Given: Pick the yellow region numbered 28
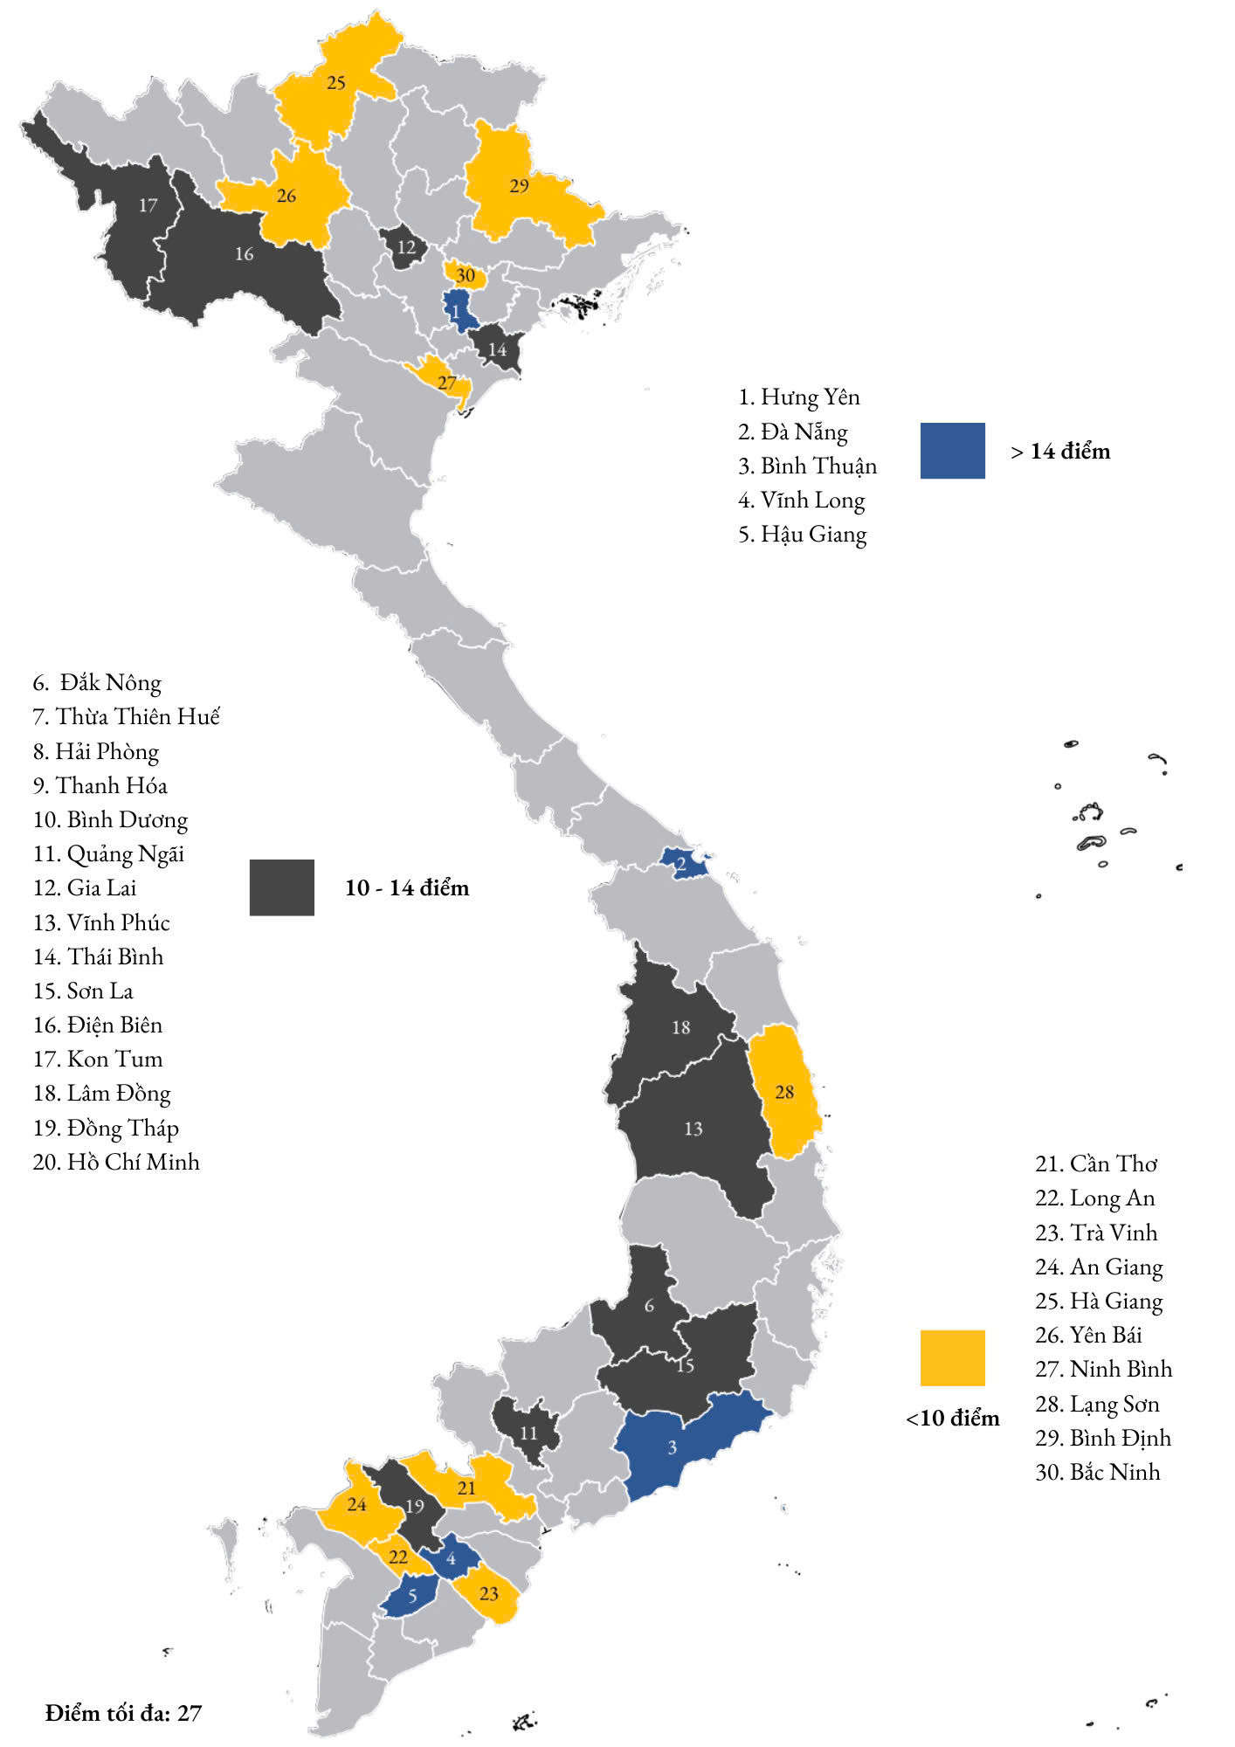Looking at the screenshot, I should click(x=784, y=1092).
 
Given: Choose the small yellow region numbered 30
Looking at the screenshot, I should click(x=465, y=276).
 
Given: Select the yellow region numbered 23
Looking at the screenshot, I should click(x=489, y=1594).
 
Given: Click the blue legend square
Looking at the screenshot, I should click(x=952, y=451).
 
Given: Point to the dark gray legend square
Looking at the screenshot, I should click(x=281, y=887).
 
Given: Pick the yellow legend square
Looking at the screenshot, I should click(x=952, y=1357).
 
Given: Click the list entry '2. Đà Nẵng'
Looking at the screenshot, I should click(x=792, y=432).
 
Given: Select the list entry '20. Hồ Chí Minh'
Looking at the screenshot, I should click(x=116, y=1162).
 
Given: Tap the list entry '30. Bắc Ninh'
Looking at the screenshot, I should click(x=1097, y=1472).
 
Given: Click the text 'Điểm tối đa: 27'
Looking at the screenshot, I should click(x=123, y=1713).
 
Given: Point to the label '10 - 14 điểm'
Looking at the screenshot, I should click(x=407, y=887).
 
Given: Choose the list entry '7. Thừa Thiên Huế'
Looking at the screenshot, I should click(x=126, y=716).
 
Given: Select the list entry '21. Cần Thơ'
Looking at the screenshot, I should click(x=1096, y=1164).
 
